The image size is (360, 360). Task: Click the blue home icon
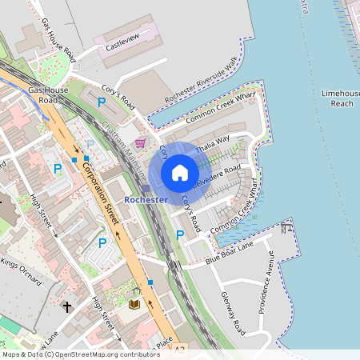180,172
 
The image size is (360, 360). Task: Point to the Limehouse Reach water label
341,98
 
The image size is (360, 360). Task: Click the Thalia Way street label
212,142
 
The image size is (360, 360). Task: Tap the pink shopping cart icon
141,143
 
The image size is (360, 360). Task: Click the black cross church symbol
66,306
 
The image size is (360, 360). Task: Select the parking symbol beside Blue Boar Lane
180,234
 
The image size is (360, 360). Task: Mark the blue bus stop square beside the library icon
150,282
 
